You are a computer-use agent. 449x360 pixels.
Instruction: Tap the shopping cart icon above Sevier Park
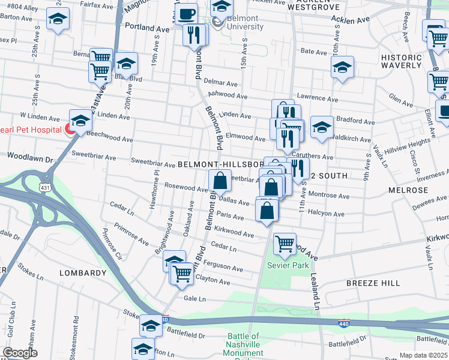[284, 244]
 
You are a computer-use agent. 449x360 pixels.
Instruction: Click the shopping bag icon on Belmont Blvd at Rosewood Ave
[220, 180]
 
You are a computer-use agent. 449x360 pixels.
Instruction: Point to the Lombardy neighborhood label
[83, 273]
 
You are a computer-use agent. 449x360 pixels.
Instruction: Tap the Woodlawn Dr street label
[30, 159]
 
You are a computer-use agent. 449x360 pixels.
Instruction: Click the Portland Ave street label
[147, 28]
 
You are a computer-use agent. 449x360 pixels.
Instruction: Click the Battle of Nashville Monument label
[243, 345]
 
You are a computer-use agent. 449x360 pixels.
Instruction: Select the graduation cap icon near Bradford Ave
[322, 127]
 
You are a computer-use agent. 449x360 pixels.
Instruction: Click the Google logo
[20, 353]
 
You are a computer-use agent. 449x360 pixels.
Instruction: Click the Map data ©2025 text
[423, 355]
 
